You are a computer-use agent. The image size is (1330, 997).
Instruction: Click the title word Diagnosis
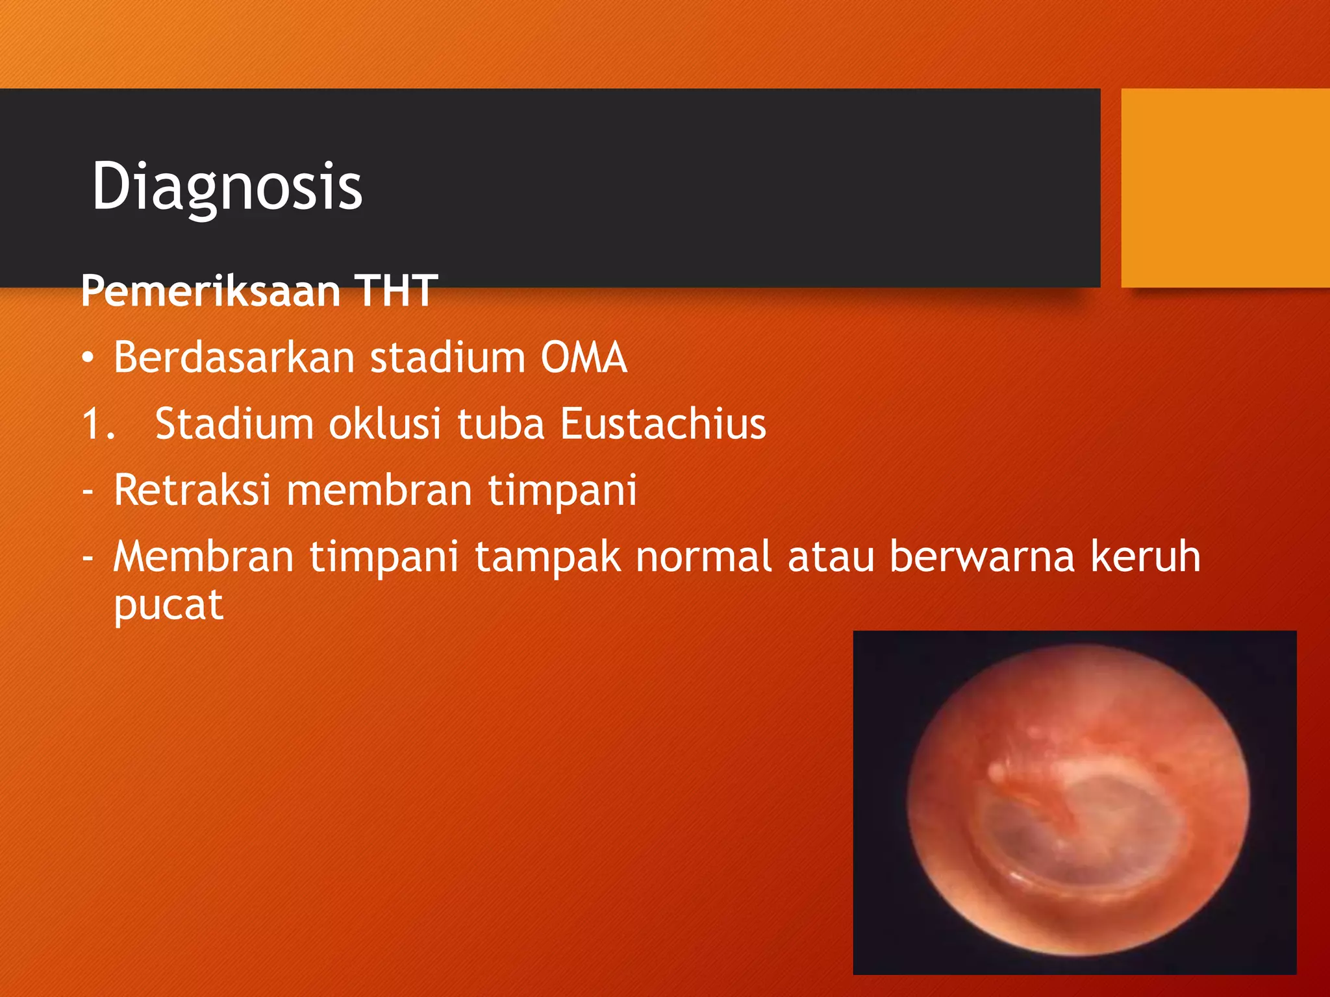pos(227,187)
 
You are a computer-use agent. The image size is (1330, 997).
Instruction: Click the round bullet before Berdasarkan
pos(88,358)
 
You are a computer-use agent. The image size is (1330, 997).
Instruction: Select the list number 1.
pos(97,424)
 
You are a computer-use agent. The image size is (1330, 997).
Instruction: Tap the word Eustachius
pos(662,424)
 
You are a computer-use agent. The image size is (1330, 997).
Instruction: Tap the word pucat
pos(168,607)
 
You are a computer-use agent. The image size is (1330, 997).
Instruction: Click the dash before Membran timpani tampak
pos(88,557)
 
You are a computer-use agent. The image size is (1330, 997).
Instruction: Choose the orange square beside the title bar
pos(1225,188)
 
